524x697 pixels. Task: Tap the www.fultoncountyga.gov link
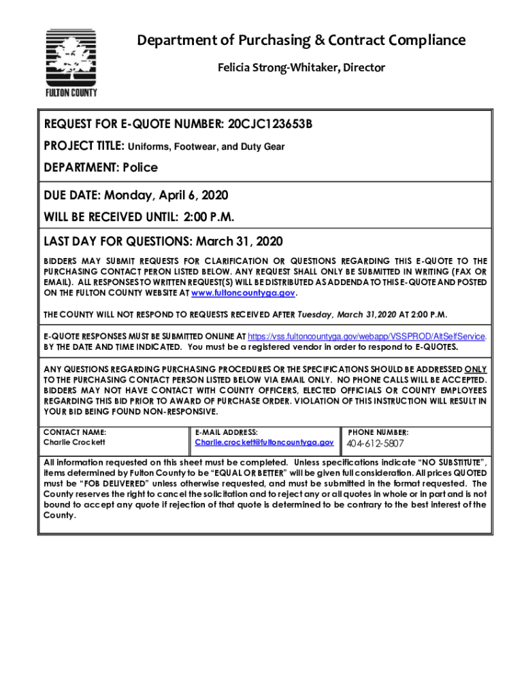point(244,293)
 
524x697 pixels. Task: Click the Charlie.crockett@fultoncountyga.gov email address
point(264,442)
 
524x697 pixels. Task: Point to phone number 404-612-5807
point(375,444)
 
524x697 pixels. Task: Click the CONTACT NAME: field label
point(75,432)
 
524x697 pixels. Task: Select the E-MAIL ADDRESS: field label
point(226,432)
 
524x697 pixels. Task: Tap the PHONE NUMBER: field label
point(378,432)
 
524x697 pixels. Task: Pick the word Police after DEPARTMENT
point(140,167)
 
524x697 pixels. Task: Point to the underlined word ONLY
point(476,369)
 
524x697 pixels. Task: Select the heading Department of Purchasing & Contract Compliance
point(301,41)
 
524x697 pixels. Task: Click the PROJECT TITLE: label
point(84,146)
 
